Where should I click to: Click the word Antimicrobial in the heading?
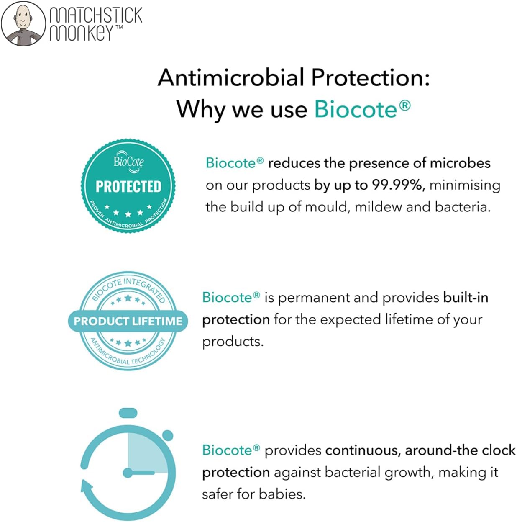pos(231,78)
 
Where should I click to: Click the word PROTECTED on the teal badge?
pos(128,186)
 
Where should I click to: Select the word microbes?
pos(460,163)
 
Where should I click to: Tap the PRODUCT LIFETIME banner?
pos(128,321)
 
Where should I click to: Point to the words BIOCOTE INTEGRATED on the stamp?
pos(128,289)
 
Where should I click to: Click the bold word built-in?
pos(466,298)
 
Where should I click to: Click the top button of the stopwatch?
pos(128,413)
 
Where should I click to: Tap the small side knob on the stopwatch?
pos(168,435)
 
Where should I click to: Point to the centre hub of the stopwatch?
pos(128,473)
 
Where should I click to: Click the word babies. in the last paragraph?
pos(282,494)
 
